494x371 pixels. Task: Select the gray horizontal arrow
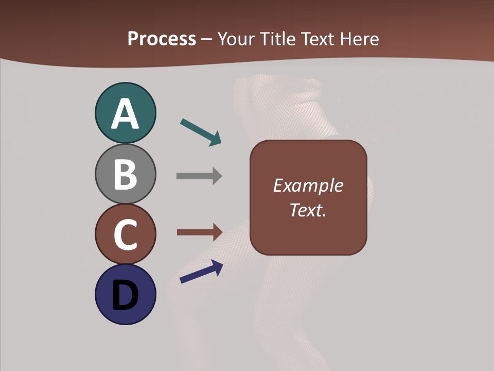pyautogui.click(x=199, y=176)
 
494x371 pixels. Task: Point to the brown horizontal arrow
pyautogui.click(x=199, y=232)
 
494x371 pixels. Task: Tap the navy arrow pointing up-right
pyautogui.click(x=201, y=272)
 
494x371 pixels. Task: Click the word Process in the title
pyautogui.click(x=162, y=39)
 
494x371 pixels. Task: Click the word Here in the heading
pyautogui.click(x=359, y=39)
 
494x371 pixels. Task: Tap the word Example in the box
pyautogui.click(x=308, y=185)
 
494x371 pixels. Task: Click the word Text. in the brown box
pyautogui.click(x=308, y=210)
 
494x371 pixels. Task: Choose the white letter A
pyautogui.click(x=125, y=114)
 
